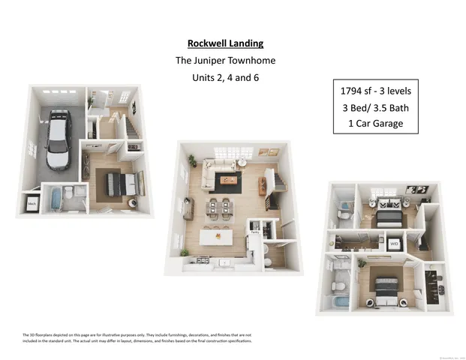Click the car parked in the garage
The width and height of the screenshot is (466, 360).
coord(59,139)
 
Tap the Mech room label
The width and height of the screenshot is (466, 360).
coord(33,202)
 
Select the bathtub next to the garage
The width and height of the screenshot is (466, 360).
coord(55,199)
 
